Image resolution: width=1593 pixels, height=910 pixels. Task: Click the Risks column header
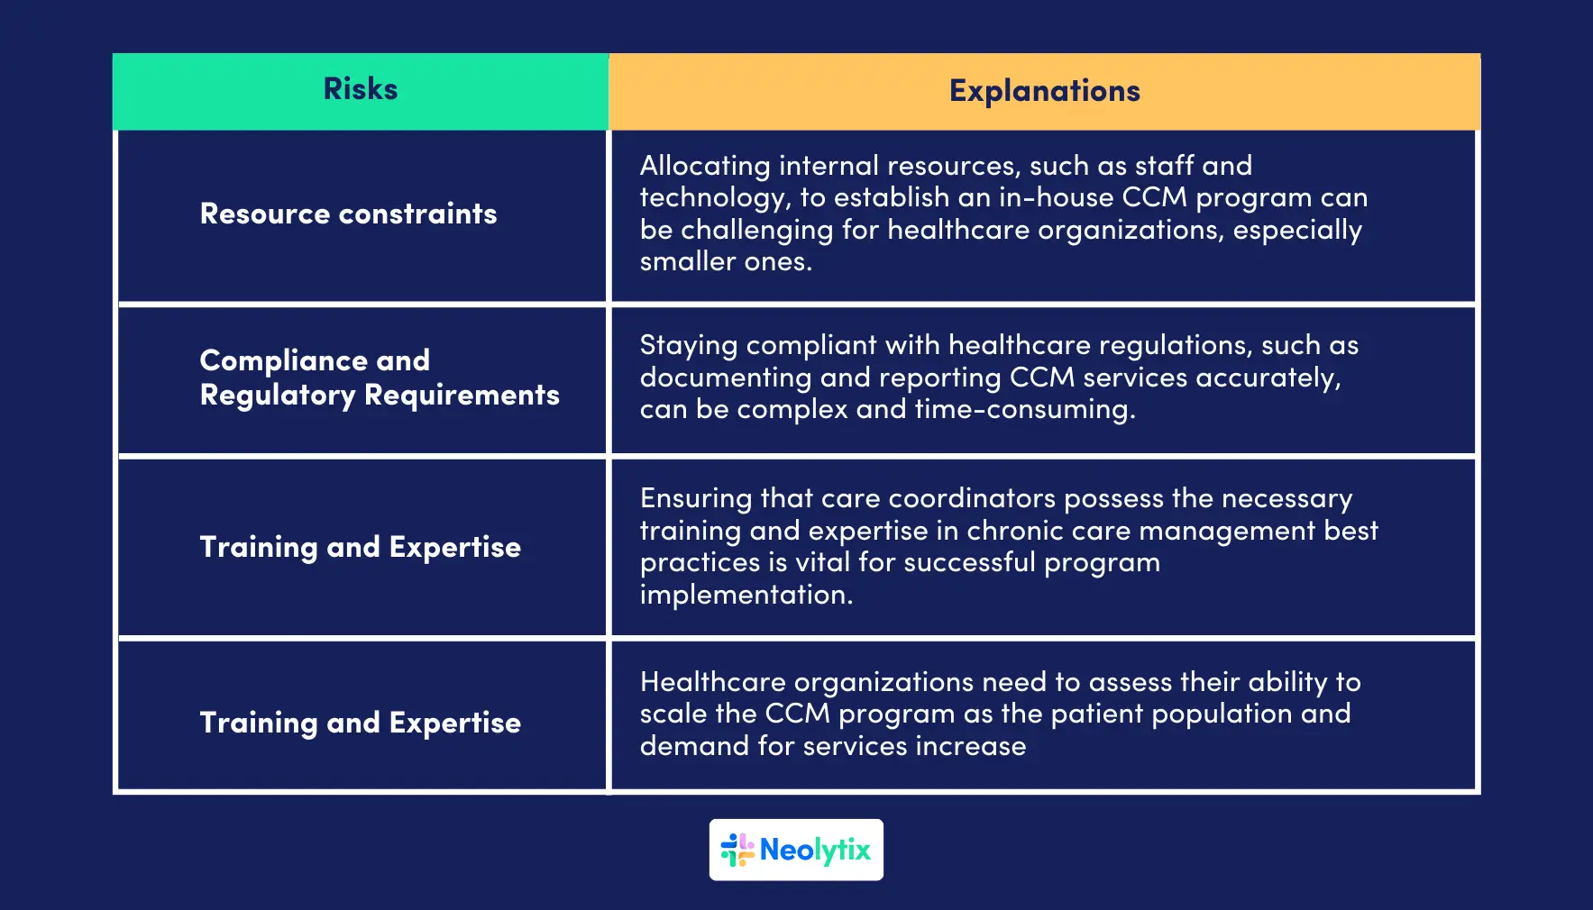click(360, 89)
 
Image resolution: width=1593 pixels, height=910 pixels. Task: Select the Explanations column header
click(1044, 91)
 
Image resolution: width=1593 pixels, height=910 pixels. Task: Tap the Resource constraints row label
click(348, 214)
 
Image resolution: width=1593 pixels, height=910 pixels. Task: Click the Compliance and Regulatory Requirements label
click(379, 378)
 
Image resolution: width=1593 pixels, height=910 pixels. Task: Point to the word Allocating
click(705, 166)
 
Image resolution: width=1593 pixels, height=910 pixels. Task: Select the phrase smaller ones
click(725, 261)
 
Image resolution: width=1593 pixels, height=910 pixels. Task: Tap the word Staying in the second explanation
click(688, 345)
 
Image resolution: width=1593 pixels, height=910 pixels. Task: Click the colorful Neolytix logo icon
click(737, 850)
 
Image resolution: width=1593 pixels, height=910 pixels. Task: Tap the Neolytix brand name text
click(815, 850)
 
